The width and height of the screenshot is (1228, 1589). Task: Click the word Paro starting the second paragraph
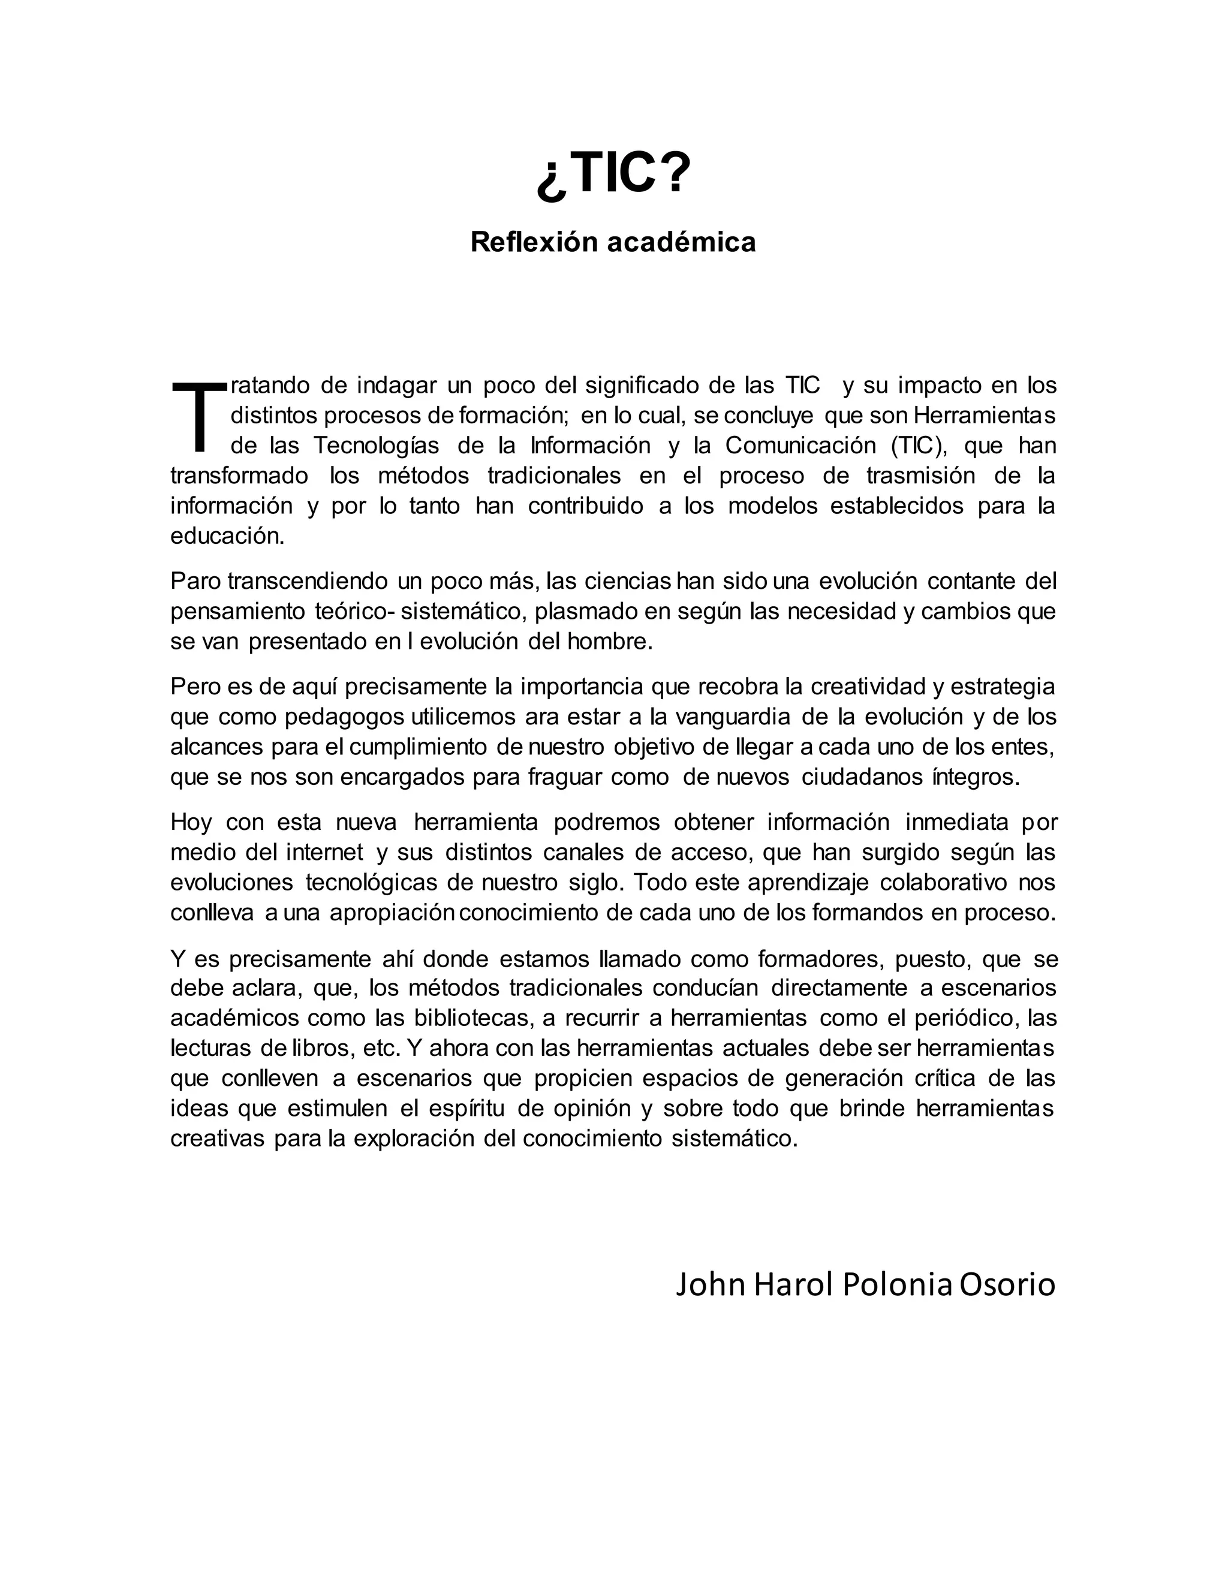[x=195, y=581]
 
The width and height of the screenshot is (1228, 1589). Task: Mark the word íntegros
[x=976, y=778]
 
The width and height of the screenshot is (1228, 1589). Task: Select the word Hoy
[x=191, y=822]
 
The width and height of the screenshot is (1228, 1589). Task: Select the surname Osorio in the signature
[x=1007, y=1285]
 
